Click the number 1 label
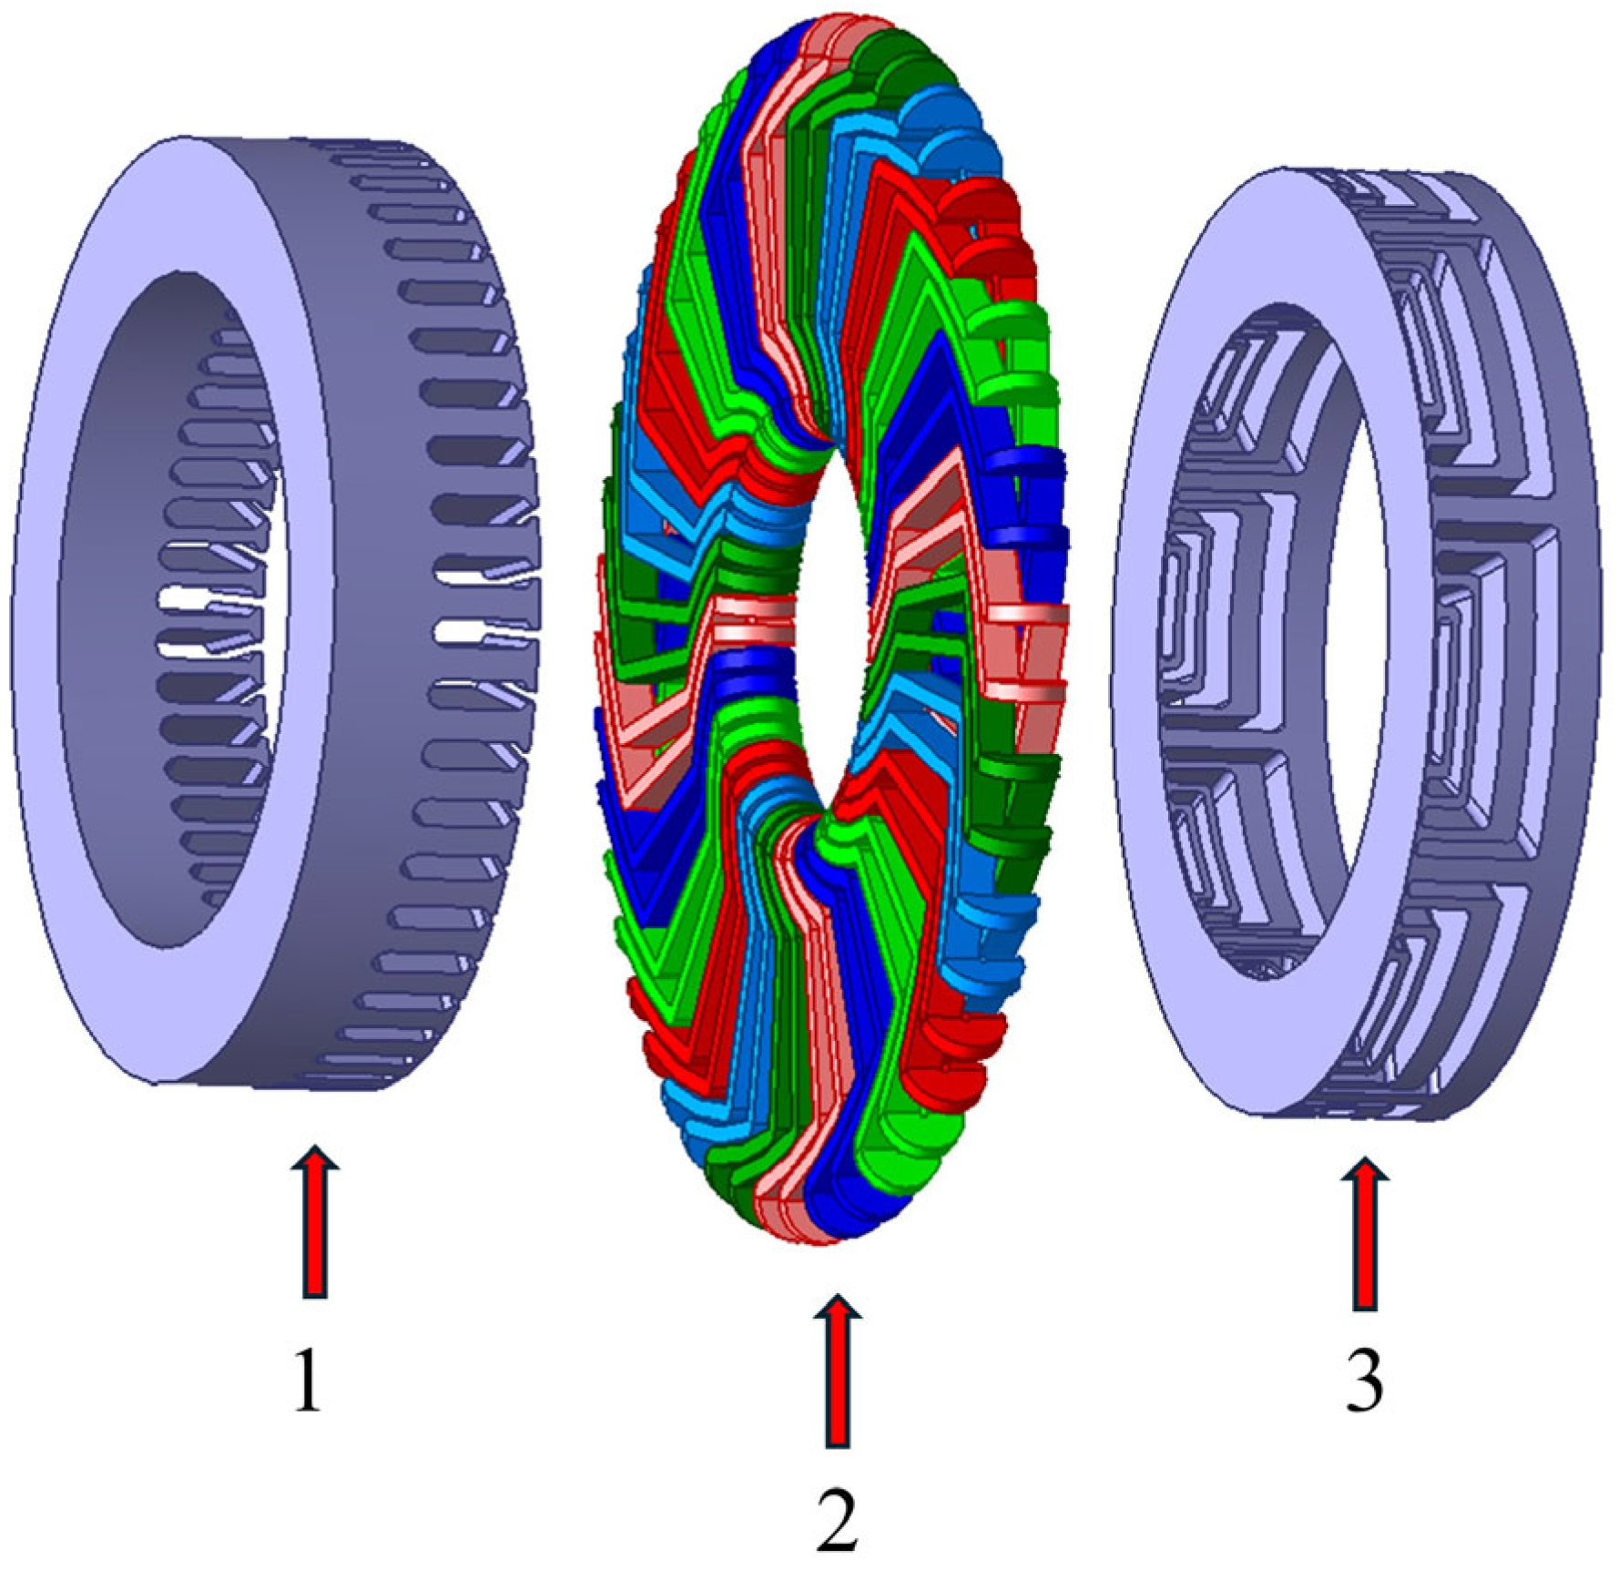(x=308, y=1380)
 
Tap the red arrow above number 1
(x=315, y=1219)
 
